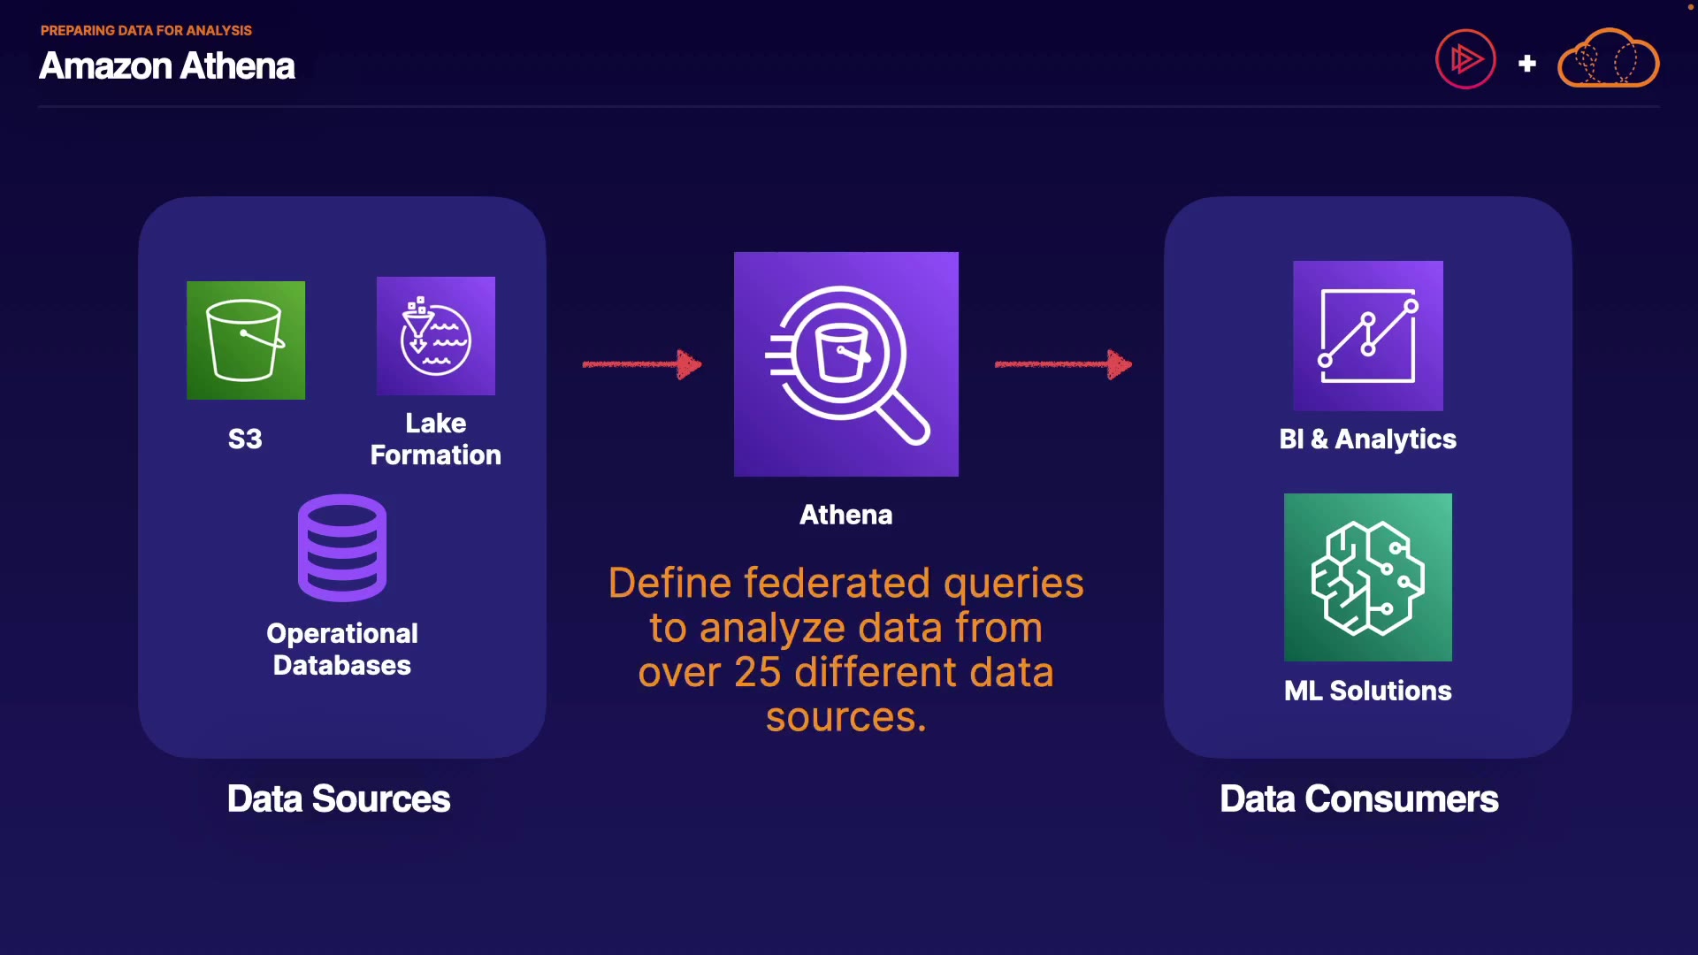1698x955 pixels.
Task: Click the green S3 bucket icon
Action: (x=246, y=340)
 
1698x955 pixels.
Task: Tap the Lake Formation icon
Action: (x=436, y=336)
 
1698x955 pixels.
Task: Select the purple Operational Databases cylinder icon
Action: (x=342, y=548)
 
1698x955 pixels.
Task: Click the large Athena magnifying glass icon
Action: (x=846, y=364)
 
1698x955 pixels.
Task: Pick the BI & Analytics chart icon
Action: (x=1368, y=336)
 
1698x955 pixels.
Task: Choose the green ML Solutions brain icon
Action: (x=1368, y=577)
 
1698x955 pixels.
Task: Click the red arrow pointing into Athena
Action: (x=642, y=363)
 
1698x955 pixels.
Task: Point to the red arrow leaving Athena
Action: (x=1063, y=363)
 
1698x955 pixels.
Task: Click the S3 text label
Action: (x=245, y=439)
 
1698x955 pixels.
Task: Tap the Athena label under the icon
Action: (x=846, y=515)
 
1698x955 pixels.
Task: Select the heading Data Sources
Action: (x=339, y=799)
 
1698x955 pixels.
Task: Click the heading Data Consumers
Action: (x=1359, y=799)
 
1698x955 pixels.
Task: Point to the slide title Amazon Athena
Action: (x=167, y=66)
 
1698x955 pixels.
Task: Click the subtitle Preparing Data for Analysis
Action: (x=146, y=30)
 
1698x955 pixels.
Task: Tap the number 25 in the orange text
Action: (x=758, y=673)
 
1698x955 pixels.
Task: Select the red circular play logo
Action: (x=1465, y=59)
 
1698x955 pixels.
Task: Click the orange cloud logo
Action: (x=1608, y=59)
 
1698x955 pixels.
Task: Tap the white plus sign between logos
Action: (x=1527, y=64)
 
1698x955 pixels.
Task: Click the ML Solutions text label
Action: (x=1368, y=691)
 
